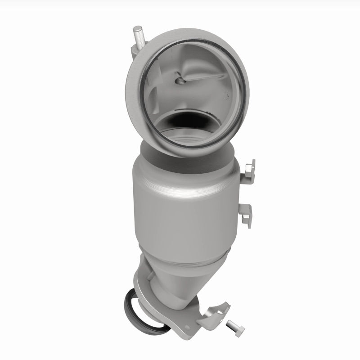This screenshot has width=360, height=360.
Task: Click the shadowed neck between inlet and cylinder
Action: [189, 151]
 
